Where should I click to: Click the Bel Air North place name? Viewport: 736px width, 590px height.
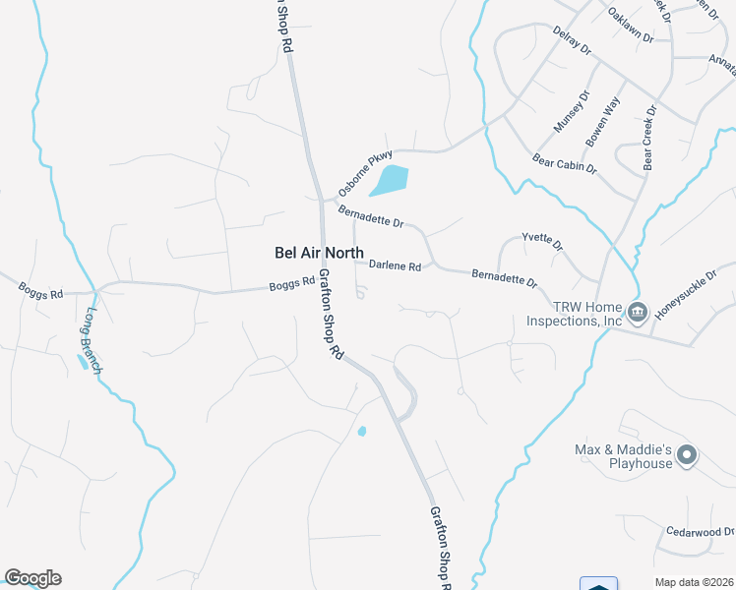point(318,253)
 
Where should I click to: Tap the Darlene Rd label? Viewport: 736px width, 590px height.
point(395,265)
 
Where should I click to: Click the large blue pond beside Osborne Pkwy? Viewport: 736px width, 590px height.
point(389,180)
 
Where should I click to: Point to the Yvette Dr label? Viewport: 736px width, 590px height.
point(542,242)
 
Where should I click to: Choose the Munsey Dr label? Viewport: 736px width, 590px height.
point(570,111)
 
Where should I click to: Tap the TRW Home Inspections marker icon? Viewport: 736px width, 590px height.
point(637,314)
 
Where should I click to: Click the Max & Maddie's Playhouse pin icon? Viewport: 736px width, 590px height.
point(688,456)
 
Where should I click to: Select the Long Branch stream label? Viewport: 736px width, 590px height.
point(92,341)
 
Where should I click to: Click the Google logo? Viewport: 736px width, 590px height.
point(32,578)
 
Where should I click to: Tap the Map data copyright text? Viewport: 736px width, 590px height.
point(695,582)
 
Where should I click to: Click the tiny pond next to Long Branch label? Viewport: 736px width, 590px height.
point(81,362)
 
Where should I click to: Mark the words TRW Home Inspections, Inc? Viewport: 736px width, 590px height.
point(574,314)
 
